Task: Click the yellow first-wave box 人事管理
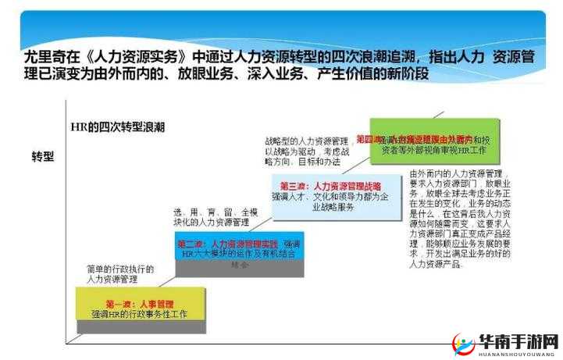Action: tap(141, 307)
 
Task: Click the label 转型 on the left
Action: tap(43, 156)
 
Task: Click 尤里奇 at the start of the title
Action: tap(41, 57)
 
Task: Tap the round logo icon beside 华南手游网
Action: tap(466, 344)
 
